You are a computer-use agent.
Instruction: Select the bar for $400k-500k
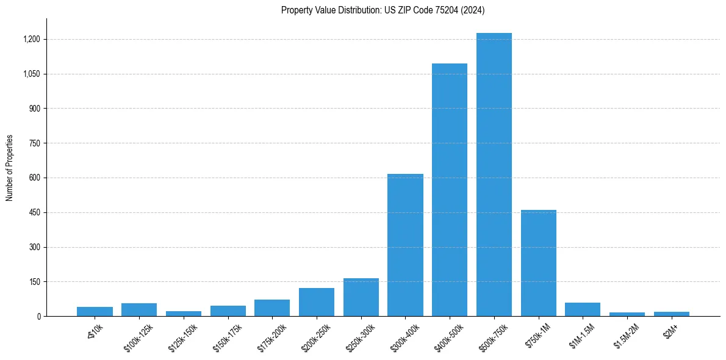[450, 190]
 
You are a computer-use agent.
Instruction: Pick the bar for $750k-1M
[539, 263]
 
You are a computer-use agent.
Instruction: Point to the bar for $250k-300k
[361, 297]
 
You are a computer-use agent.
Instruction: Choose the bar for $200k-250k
[317, 302]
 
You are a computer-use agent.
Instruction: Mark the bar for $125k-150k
[184, 314]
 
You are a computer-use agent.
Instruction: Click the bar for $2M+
[672, 314]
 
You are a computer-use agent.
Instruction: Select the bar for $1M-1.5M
[583, 309]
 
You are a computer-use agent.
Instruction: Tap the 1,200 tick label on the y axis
[32, 40]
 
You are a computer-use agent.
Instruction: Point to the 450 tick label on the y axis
[35, 213]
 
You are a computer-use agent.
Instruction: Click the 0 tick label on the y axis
[38, 317]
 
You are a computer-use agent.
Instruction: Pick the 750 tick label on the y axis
[35, 143]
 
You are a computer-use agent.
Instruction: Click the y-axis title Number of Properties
[10, 168]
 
